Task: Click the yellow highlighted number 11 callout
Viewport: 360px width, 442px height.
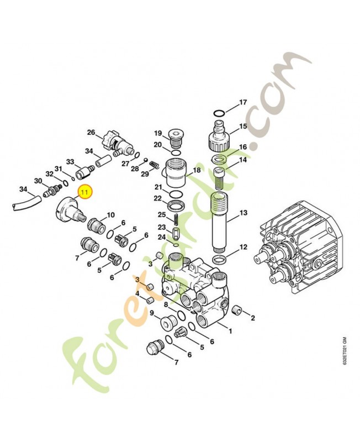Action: click(85, 192)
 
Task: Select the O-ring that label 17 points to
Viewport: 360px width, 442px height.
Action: click(219, 113)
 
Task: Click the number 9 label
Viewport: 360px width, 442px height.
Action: click(152, 313)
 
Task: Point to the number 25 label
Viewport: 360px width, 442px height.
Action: click(162, 214)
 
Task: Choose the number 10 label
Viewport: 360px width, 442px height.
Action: click(110, 215)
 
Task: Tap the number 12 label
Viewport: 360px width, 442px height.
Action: click(243, 247)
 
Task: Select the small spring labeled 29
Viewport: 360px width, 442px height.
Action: click(155, 165)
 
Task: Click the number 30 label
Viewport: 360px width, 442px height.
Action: click(38, 181)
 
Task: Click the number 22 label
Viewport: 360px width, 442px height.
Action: click(157, 198)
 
